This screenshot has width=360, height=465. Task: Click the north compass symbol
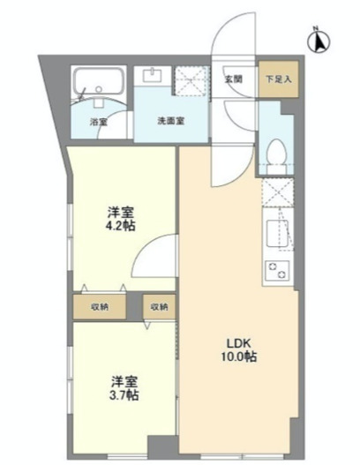[320, 40]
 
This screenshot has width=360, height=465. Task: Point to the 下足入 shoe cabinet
[274, 78]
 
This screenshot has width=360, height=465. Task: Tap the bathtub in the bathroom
[101, 85]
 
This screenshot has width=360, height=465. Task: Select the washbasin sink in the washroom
[154, 74]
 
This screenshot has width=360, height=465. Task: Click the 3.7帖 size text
[124, 396]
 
